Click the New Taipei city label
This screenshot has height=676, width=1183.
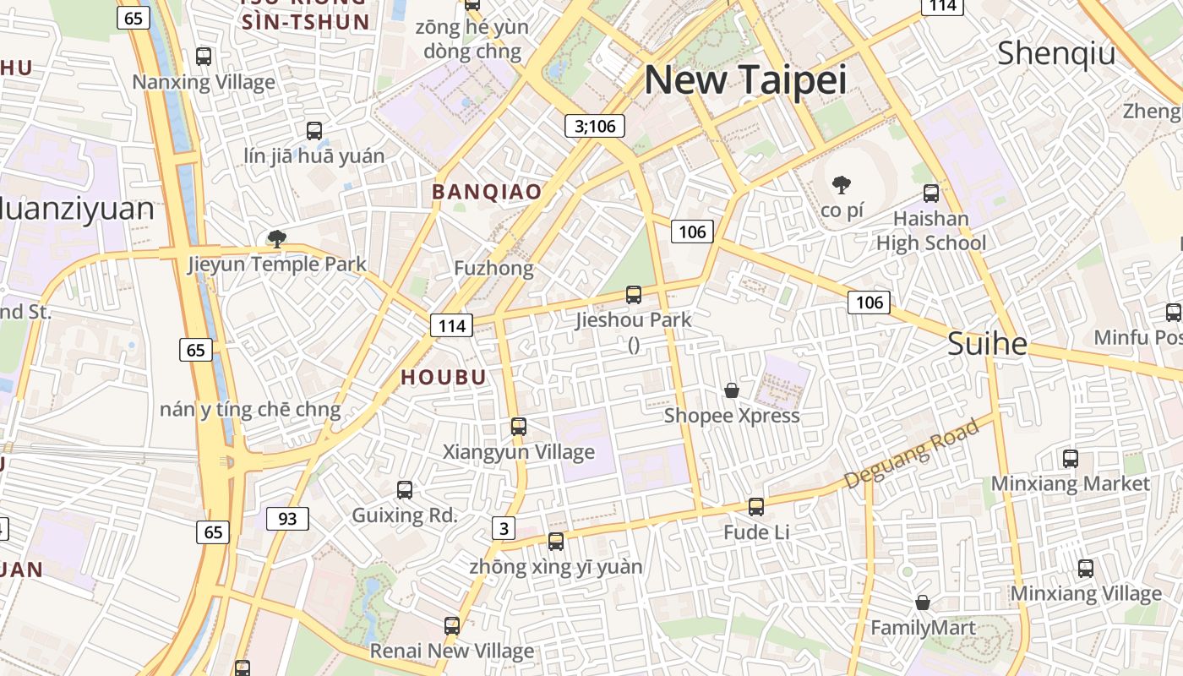[x=745, y=79]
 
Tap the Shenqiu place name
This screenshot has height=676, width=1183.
[x=1056, y=52]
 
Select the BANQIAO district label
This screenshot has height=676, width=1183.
[x=487, y=192]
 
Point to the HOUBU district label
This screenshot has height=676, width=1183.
[x=444, y=378]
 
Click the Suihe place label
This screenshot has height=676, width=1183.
[x=987, y=344]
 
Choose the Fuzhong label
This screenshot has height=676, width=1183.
[x=493, y=269]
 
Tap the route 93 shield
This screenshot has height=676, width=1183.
[x=287, y=518]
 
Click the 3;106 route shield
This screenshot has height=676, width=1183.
[x=595, y=127]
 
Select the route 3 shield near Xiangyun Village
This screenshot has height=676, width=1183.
[x=504, y=529]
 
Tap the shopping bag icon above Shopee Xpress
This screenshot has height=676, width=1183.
[x=732, y=390]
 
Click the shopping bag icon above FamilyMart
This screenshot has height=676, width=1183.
[x=923, y=602]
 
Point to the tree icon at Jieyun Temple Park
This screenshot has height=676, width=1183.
[x=276, y=238]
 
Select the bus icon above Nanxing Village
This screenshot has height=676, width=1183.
[x=204, y=57]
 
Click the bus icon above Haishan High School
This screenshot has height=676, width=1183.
[x=931, y=194]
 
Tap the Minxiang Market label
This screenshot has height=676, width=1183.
[x=1070, y=483]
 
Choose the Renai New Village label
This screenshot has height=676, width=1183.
[x=451, y=651]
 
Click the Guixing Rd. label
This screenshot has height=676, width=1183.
[x=404, y=515]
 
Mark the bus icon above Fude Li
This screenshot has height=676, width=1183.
[x=756, y=507]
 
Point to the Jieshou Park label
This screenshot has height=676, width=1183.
[x=633, y=319]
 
